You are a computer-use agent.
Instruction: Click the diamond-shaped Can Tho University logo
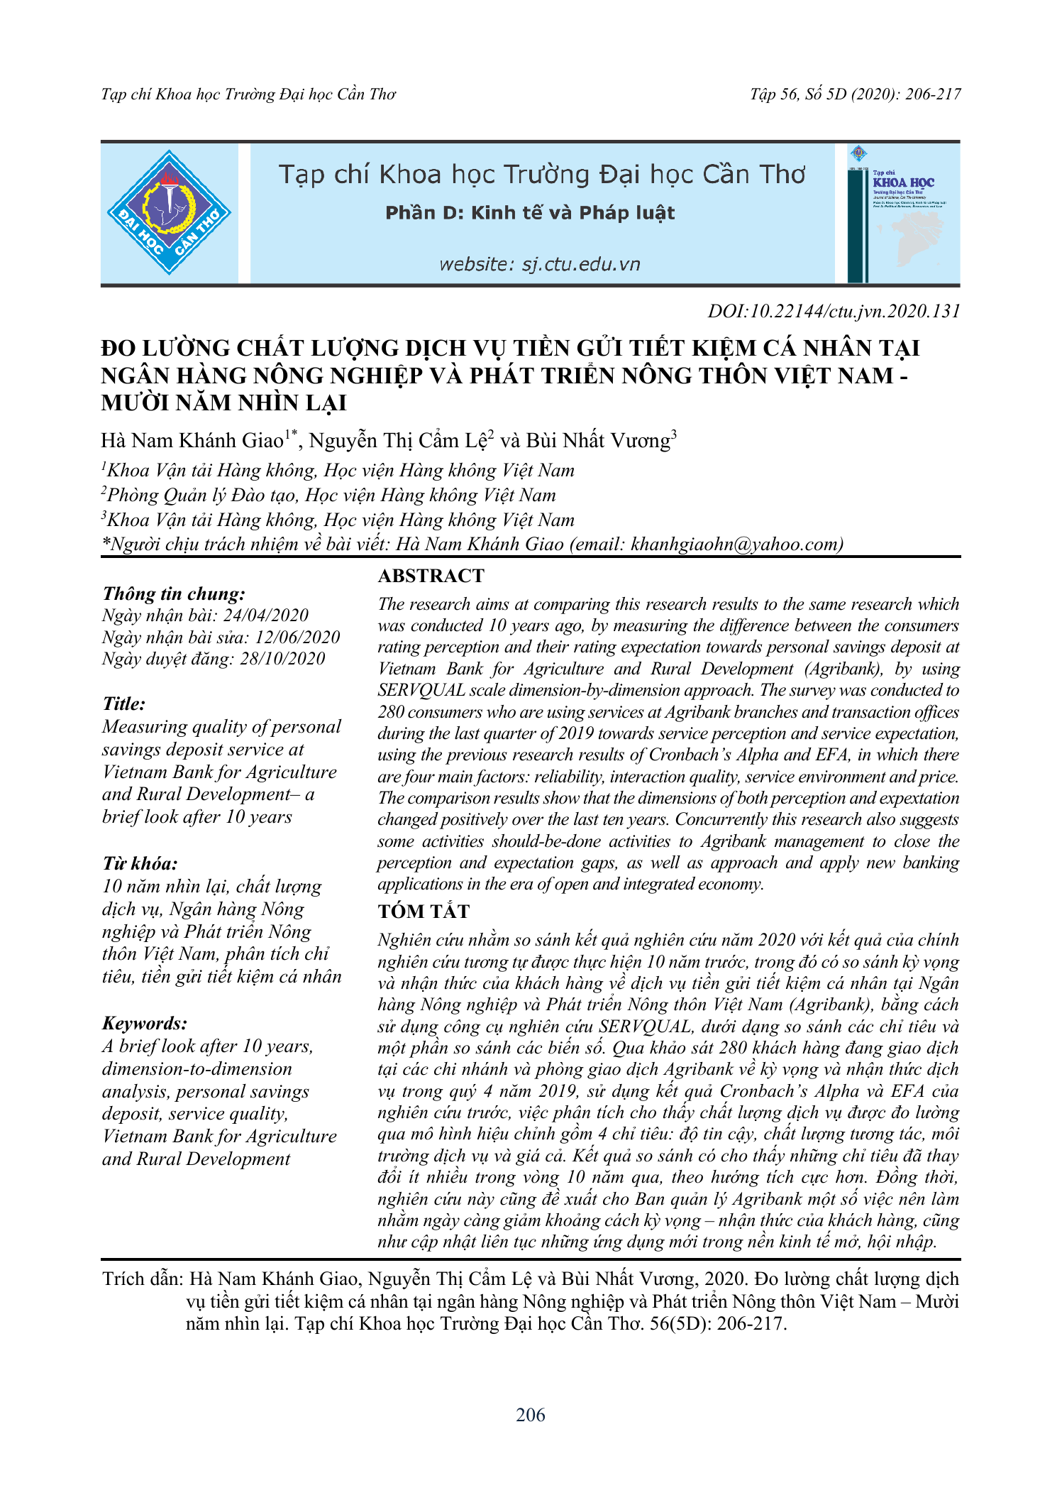[x=169, y=212]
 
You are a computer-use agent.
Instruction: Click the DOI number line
[x=834, y=311]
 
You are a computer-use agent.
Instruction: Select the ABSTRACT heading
[x=431, y=576]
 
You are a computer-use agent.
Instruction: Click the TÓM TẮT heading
[x=424, y=912]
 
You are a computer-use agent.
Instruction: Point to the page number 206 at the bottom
[x=531, y=1415]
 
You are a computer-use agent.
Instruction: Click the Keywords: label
[x=145, y=1023]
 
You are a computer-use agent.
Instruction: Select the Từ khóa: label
[x=140, y=863]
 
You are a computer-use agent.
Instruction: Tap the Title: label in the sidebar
[x=124, y=704]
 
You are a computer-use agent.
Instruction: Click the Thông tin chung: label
[x=174, y=593]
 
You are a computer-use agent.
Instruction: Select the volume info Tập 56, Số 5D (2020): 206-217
[x=855, y=94]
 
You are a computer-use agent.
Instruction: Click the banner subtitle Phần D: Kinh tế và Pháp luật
[x=530, y=213]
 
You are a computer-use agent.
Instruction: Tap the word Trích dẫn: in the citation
[x=143, y=1279]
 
